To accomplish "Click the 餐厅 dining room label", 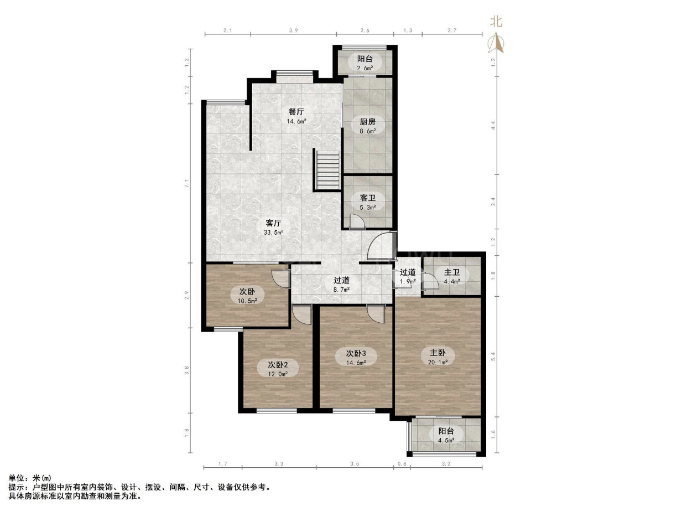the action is (296, 111).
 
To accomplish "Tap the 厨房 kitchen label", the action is (367, 122).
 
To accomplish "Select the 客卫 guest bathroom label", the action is (367, 198).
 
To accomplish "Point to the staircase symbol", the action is (328, 171).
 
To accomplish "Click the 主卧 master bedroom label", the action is (438, 353).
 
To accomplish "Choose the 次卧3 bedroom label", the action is (356, 353).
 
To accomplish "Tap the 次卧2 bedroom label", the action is (278, 365).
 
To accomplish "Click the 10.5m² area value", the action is (247, 301).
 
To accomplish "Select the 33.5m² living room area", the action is (273, 233).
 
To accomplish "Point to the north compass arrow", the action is (496, 43).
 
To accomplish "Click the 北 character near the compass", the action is (496, 22).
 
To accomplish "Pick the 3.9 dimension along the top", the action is (293, 30).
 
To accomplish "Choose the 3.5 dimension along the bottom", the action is (355, 464).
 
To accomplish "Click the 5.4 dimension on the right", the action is (493, 357).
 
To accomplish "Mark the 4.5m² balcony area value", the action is (446, 440).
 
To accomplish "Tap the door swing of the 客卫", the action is (357, 221).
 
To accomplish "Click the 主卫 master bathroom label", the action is (452, 272).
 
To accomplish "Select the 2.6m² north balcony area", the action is (365, 68).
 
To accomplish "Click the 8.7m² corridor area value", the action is (341, 289).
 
